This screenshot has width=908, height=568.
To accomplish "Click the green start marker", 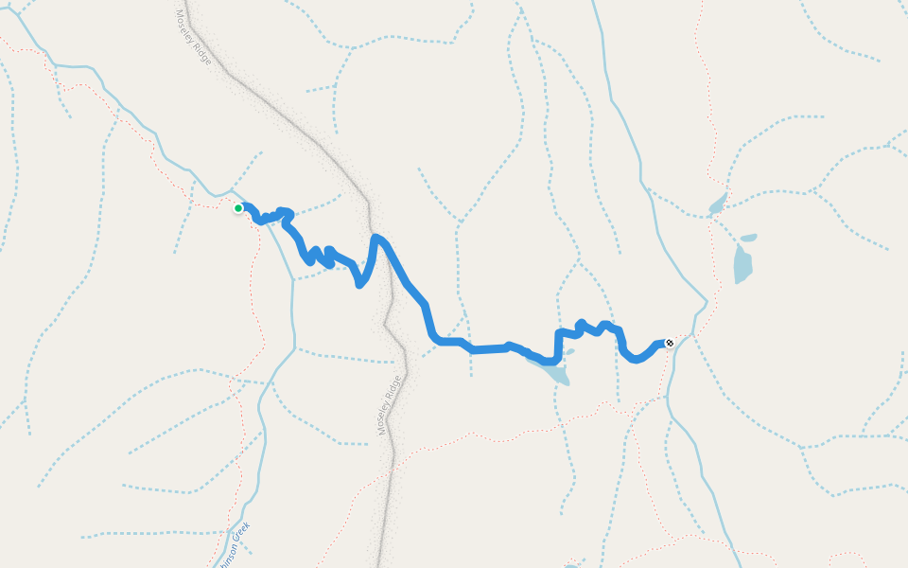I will [x=238, y=208].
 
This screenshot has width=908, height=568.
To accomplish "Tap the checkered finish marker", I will [x=670, y=343].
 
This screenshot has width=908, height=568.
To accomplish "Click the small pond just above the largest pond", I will [x=748, y=238].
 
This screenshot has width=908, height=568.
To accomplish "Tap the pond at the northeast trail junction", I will [x=717, y=205].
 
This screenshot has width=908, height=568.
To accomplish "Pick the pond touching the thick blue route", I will [x=555, y=371].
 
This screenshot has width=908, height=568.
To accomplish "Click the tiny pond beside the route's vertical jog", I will [x=568, y=352].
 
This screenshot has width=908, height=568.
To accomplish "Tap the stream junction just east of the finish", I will [x=693, y=334].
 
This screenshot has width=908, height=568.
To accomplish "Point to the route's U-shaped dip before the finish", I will [x=637, y=359].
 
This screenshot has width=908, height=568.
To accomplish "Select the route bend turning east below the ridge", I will [x=436, y=339].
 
